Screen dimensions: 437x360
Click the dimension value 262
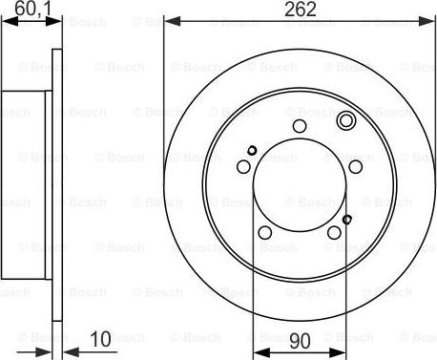pyautogui.click(x=301, y=9)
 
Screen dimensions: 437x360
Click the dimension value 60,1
pyautogui.click(x=32, y=9)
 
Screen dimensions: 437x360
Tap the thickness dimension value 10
pyautogui.click(x=101, y=339)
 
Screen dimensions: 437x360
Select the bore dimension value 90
pyautogui.click(x=300, y=341)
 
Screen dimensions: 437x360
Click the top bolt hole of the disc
pyautogui.click(x=300, y=126)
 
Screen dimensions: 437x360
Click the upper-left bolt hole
pyautogui.click(x=243, y=167)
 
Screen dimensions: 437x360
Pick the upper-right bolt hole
pyautogui.click(x=355, y=167)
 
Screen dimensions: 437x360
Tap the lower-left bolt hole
pyautogui.click(x=265, y=232)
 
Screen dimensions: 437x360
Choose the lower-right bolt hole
pyautogui.click(x=334, y=232)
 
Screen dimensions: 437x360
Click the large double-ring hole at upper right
pyautogui.click(x=346, y=120)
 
